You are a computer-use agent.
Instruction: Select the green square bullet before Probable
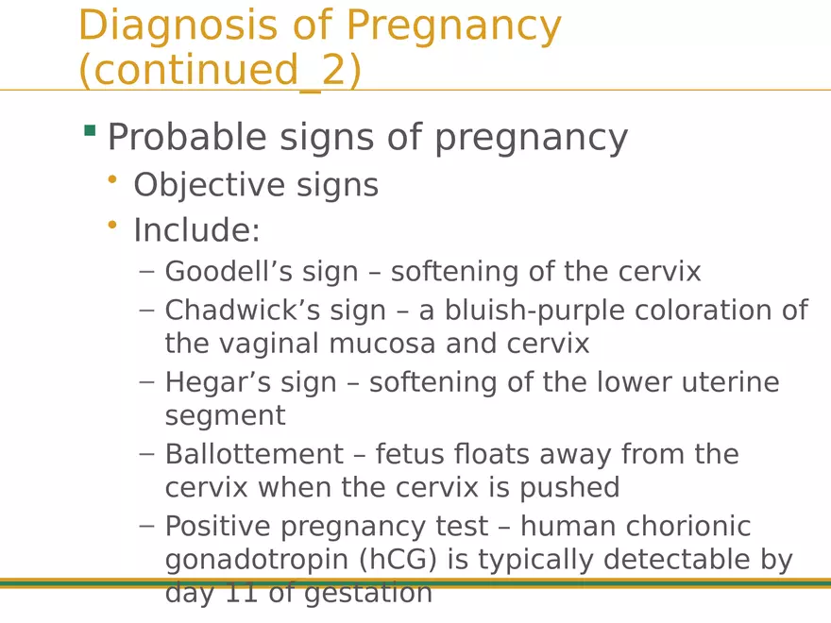coord(90,130)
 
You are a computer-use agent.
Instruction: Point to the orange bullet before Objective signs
coord(113,178)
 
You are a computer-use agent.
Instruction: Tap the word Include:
coord(196,230)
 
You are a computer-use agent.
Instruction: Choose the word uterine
coord(725,382)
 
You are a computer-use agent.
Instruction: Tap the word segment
coord(225,416)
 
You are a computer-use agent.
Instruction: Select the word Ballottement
coord(254,454)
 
